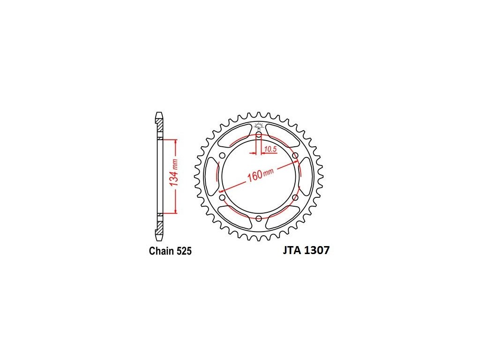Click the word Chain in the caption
coord(161,251)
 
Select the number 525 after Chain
coord(184,251)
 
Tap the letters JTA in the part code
coord(292,250)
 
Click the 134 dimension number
coord(173,178)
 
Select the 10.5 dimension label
coord(270,149)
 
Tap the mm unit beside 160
coord(268,172)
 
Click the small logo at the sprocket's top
coord(259,126)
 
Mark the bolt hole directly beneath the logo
coord(259,135)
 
